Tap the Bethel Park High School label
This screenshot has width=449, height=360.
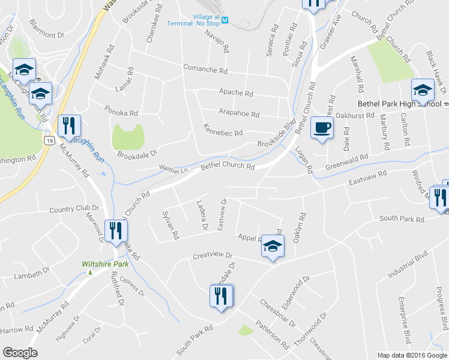tap(399, 103)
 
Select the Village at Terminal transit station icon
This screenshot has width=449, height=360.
tap(225, 20)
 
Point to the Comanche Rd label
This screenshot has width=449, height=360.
tap(205, 69)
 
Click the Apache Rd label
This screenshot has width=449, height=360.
tap(235, 94)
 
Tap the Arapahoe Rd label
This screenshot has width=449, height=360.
tap(238, 114)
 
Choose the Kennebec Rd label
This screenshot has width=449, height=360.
tap(223, 133)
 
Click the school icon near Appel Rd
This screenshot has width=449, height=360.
tap(273, 247)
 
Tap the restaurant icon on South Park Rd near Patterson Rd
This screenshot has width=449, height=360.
tap(221, 296)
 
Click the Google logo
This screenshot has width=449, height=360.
tap(20, 352)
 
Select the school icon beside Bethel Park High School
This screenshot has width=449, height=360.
tap(422, 91)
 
